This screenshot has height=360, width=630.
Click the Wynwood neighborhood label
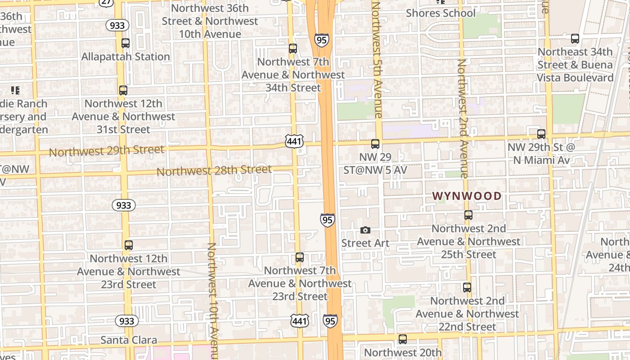click(x=467, y=196)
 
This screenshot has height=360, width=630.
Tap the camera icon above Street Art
click(x=365, y=230)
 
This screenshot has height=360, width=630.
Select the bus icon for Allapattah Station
click(x=126, y=43)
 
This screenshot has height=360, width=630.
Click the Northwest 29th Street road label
click(x=107, y=150)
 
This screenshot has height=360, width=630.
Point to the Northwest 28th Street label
click(x=214, y=171)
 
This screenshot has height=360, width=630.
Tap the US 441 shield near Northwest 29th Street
click(x=294, y=142)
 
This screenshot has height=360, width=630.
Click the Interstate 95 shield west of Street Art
click(x=328, y=220)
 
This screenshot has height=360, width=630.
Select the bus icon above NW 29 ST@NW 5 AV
click(x=375, y=144)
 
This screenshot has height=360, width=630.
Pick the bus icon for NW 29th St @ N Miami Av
click(x=541, y=134)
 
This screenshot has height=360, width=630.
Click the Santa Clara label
click(x=129, y=340)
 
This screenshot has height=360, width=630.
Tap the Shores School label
click(x=441, y=13)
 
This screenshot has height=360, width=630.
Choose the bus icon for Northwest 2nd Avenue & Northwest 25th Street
click(x=468, y=215)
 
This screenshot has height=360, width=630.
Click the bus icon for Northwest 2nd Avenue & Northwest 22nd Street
click(x=467, y=287)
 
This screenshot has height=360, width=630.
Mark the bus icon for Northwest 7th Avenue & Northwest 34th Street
click(x=293, y=49)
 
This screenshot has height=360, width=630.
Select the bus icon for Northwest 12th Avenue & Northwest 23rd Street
click(x=129, y=245)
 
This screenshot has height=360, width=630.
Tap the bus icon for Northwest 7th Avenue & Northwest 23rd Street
click(x=300, y=258)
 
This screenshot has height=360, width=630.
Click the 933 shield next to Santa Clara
click(x=127, y=321)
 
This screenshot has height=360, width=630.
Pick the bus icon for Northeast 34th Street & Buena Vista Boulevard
click(x=575, y=39)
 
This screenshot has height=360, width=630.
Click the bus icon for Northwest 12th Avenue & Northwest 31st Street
click(x=123, y=90)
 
